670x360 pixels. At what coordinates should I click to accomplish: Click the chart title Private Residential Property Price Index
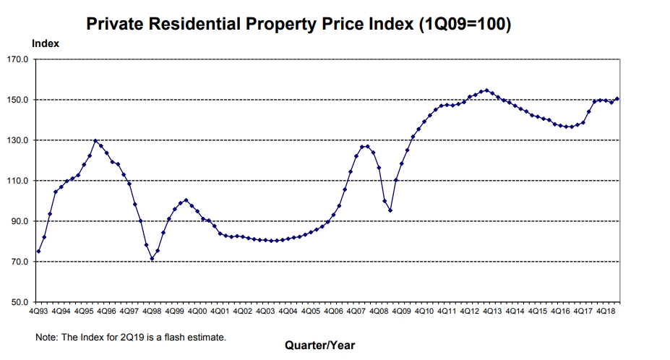tap(299, 25)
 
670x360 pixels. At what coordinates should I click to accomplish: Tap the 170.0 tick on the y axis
tap(18, 59)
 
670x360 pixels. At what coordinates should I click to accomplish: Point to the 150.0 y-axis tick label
tap(18, 100)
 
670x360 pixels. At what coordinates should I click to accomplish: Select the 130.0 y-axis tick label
tap(18, 140)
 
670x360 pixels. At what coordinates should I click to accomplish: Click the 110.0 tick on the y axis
tap(18, 181)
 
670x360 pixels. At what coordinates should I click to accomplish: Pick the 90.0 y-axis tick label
tap(18, 221)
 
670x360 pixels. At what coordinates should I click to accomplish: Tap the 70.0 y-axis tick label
tap(18, 262)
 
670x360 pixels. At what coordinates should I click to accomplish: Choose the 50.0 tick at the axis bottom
tap(18, 302)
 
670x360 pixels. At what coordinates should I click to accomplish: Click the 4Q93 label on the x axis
tap(38, 312)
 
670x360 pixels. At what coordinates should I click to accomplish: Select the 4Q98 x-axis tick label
tap(152, 312)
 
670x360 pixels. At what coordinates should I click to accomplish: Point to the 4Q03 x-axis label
tap(265, 312)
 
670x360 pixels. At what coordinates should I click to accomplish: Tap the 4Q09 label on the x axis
tap(401, 312)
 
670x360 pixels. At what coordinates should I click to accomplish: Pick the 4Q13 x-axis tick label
tap(492, 312)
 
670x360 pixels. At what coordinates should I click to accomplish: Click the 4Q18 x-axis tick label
tap(606, 312)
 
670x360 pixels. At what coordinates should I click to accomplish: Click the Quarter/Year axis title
tap(319, 345)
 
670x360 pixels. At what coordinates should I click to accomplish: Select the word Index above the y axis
tap(46, 43)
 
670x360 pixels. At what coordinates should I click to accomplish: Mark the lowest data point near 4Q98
tap(152, 259)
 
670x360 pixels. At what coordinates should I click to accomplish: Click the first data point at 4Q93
tap(38, 251)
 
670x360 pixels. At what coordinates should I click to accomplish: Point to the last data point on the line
tap(617, 99)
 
